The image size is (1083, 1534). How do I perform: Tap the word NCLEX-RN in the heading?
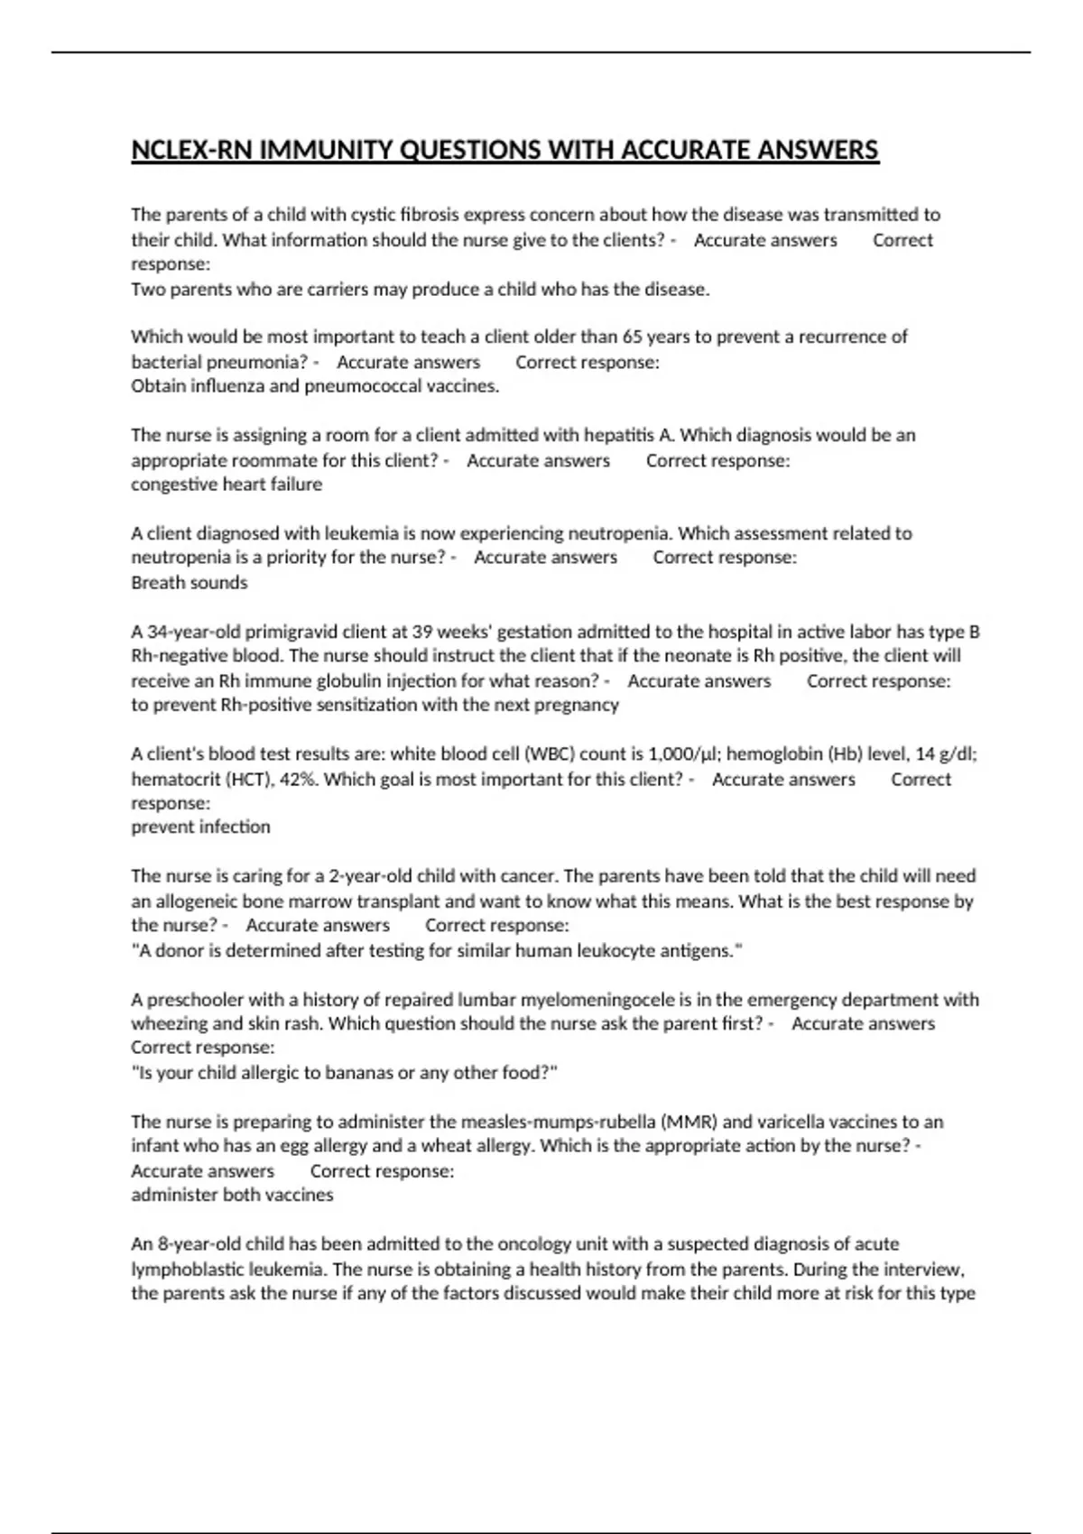[192, 150]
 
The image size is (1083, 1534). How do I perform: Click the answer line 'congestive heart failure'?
[227, 485]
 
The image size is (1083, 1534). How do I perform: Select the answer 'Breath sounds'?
[190, 583]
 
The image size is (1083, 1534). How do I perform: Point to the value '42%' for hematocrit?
[298, 779]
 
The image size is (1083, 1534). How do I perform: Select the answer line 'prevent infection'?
[200, 827]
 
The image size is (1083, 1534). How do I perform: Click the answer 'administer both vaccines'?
[232, 1195]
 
